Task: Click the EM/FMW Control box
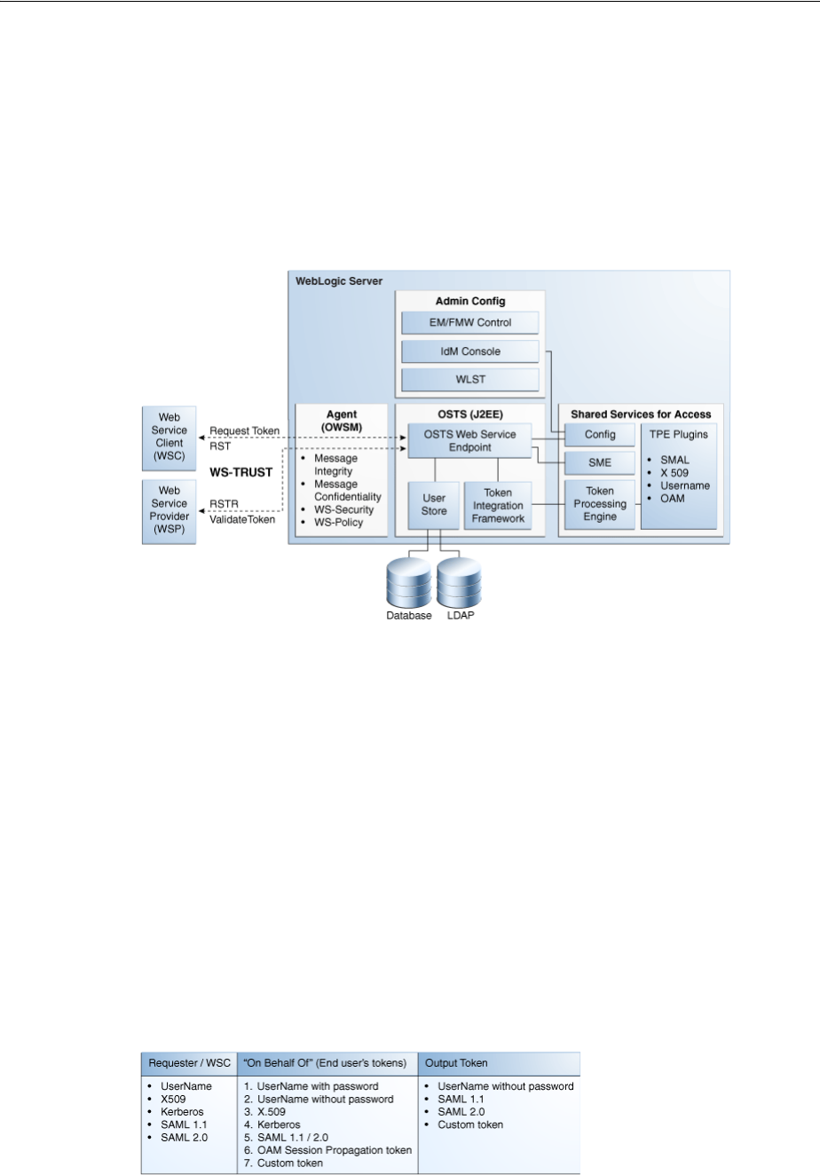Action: tap(469, 322)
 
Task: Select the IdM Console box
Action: tap(469, 351)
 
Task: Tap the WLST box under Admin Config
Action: tap(469, 380)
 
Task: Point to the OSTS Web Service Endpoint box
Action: tap(469, 439)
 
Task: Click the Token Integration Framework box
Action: tap(497, 505)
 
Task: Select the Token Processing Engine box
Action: tap(600, 503)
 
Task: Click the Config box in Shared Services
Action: tap(600, 434)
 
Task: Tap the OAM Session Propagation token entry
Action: tap(327, 1150)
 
